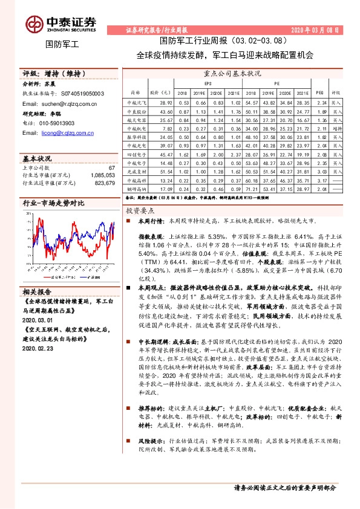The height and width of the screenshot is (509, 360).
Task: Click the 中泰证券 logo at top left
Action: tap(61, 23)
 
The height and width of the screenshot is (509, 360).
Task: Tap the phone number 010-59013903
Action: tap(58, 122)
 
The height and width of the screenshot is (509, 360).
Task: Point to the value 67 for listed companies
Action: tap(111, 167)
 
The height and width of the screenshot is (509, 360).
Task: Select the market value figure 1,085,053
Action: tap(102, 174)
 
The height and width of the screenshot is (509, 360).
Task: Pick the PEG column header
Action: tap(320, 94)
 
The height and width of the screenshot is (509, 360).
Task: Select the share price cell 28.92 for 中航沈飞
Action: tap(166, 103)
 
